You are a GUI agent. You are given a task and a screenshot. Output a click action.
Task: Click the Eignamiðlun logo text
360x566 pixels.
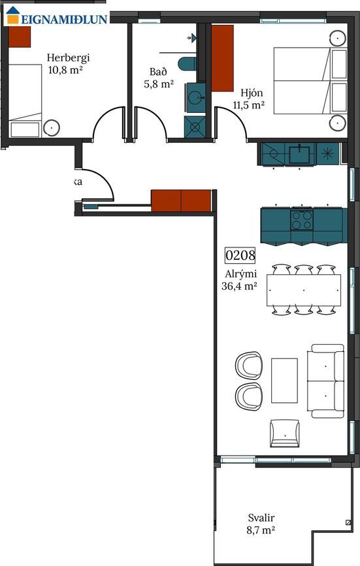coord(64,19)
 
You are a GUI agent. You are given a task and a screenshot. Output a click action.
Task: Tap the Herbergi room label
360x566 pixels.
coord(68,57)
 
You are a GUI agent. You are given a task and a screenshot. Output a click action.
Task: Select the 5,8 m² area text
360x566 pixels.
coord(159,84)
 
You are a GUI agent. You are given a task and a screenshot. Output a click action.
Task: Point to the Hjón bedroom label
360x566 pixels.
coord(252,93)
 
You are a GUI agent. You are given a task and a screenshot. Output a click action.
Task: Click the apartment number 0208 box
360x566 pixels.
coord(240,255)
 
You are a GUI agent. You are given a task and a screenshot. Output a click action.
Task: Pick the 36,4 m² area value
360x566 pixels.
coord(239,286)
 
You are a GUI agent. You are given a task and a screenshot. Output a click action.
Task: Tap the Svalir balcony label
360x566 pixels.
coord(261,518)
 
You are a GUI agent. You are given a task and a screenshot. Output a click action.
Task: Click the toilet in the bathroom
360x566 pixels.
coord(187,64)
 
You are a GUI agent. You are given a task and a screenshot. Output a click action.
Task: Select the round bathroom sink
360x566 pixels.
coord(195,97)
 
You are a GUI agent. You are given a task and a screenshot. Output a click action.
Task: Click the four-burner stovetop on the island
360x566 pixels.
coord(302,220)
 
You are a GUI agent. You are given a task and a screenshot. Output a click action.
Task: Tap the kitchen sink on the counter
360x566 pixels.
coord(300,154)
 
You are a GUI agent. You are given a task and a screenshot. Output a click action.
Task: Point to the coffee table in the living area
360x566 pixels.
coord(284,381)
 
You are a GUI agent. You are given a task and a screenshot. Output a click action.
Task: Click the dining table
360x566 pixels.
coord(304,291)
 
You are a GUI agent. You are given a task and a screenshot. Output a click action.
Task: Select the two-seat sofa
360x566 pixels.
coord(326,381)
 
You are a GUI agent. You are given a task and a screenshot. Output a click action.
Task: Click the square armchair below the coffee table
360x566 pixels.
coord(284,433)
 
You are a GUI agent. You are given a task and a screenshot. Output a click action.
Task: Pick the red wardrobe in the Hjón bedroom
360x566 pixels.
coord(222,58)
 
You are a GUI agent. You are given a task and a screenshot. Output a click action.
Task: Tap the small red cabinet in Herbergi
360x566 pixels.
coord(19,37)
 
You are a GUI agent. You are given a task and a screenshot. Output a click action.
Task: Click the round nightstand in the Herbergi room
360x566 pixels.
coord(52,128)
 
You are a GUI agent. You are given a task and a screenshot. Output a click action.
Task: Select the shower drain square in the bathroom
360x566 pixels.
coord(195,127)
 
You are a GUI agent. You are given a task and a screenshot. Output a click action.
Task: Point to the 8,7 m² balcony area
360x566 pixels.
coord(261,530)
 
